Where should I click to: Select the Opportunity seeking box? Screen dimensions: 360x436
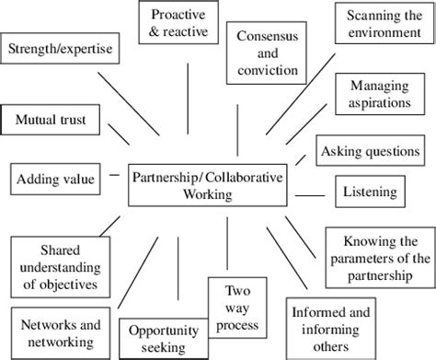[158, 338]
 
